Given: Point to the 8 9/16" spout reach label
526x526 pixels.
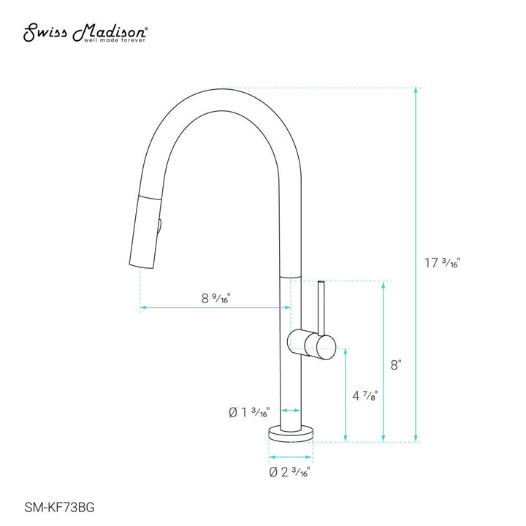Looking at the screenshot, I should coord(216,297).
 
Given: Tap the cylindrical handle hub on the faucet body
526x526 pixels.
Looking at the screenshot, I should coord(312,342).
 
